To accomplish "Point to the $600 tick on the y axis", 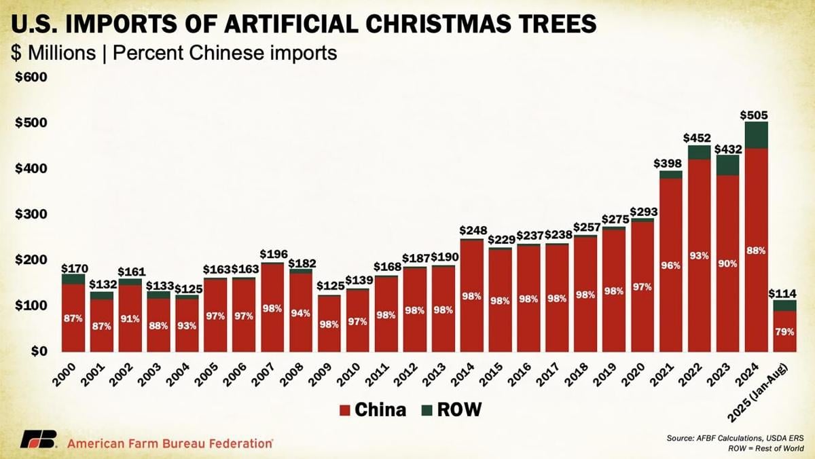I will click(x=31, y=77).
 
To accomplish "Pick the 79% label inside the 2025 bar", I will click(x=784, y=331).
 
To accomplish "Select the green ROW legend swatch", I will click(x=427, y=409).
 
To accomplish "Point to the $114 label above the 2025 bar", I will click(x=784, y=293).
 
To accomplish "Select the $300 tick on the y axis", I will click(x=31, y=214).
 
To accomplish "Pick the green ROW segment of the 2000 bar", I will click(x=73, y=279).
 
